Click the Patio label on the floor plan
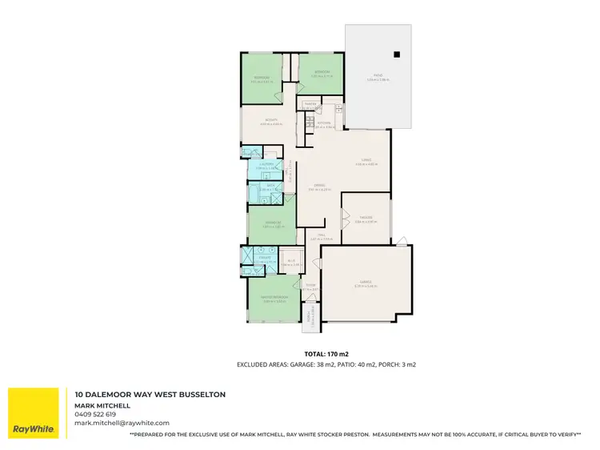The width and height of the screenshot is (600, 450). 378,78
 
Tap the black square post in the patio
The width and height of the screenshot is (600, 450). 395,54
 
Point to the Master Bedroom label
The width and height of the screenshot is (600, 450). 274,299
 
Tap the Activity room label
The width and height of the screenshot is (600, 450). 270,122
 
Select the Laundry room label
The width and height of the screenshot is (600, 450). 267,165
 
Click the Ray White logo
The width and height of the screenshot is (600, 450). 33,413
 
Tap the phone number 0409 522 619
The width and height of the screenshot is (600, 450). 95,414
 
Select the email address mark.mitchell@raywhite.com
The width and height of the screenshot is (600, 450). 122,423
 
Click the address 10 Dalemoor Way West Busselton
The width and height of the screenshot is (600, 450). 150,395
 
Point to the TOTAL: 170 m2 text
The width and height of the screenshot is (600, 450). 326,353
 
